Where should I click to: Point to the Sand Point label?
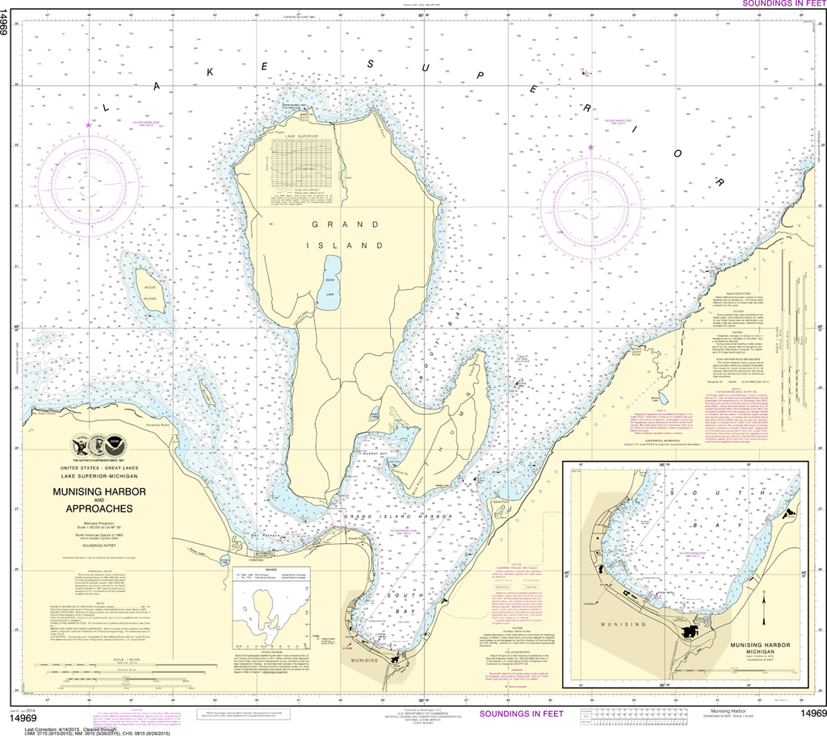coord(498,500)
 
